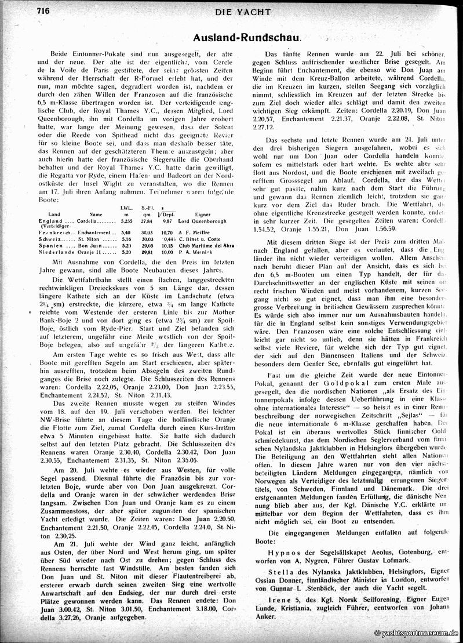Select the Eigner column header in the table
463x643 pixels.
(203, 214)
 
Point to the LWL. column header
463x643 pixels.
(126, 207)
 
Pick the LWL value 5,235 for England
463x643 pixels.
(126, 221)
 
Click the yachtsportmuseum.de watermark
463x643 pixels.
(417, 634)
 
